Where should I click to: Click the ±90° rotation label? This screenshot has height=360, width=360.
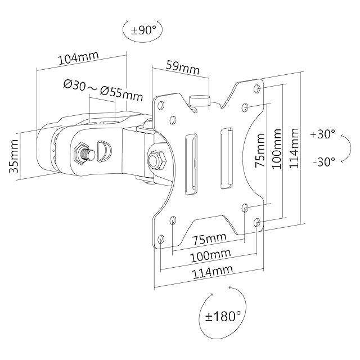tap(142, 30)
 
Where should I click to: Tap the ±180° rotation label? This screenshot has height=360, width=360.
tap(223, 317)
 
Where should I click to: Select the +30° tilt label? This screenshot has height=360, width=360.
tap(322, 134)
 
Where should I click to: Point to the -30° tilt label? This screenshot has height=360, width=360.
tap(323, 161)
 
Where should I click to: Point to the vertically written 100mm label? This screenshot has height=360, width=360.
tap(276, 151)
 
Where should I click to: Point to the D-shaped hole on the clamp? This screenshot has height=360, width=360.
tap(104, 150)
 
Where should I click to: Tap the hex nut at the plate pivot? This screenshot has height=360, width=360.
tap(156, 158)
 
